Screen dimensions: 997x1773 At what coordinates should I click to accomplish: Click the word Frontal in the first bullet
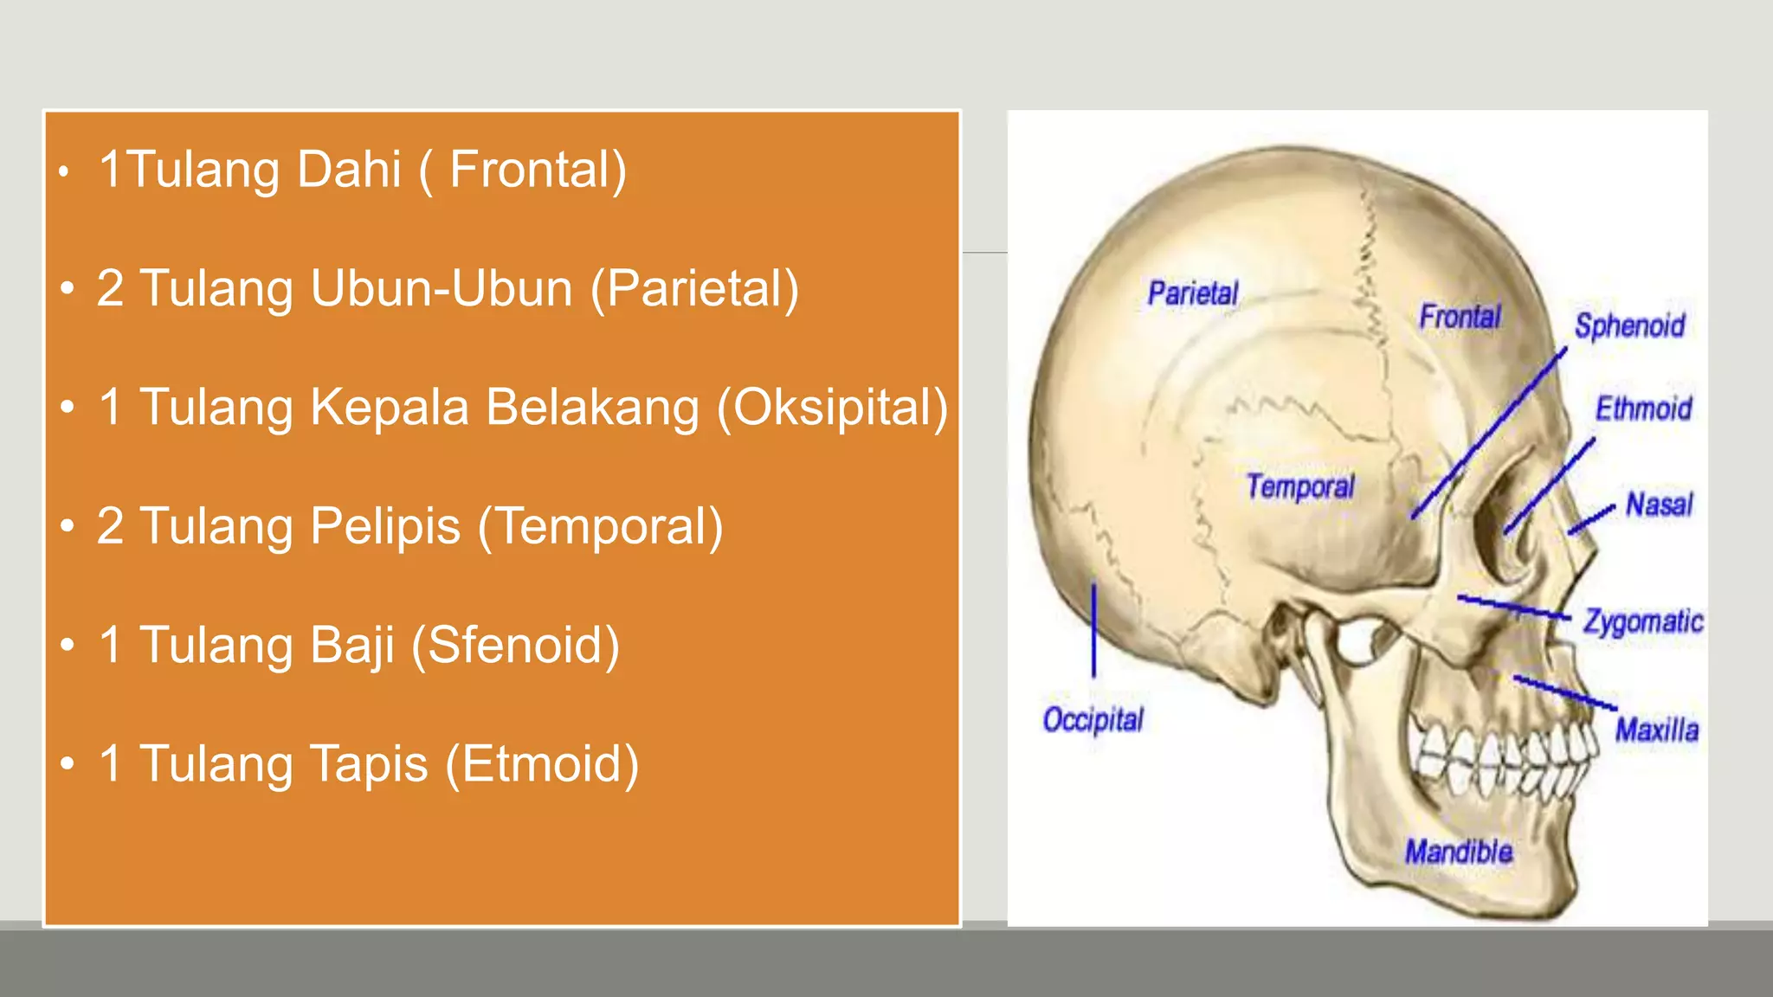coord(537,170)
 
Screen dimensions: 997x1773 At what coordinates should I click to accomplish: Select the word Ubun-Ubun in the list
coord(442,288)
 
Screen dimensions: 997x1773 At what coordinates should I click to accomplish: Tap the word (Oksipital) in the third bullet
coord(832,408)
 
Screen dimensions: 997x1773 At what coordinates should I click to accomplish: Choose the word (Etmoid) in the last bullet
coord(542,764)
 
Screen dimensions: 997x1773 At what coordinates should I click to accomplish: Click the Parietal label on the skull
coord(1193,293)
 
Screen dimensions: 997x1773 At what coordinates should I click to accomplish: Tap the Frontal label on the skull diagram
coord(1460,317)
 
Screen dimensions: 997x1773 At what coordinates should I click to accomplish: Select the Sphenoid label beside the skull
coord(1629,326)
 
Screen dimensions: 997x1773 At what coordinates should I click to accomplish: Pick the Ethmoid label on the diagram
coord(1643,408)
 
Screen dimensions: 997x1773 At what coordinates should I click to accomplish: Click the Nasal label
coord(1659,504)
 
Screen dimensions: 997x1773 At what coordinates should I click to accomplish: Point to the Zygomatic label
coord(1642,621)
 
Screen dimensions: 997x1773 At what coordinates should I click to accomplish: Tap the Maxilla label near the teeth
coord(1656,730)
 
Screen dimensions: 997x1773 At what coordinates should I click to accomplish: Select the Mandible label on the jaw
coord(1459,852)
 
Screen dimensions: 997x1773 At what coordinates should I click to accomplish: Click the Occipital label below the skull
coord(1093,719)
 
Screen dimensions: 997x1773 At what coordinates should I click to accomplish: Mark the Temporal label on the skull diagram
coord(1300,486)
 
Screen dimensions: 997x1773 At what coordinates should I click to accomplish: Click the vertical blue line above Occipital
coord(1093,629)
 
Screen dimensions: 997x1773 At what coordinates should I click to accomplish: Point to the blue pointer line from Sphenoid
coord(1489,433)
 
